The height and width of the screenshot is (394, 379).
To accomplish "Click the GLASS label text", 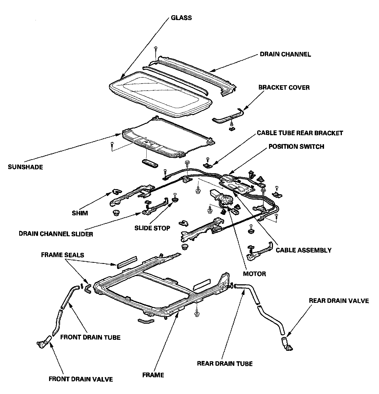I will coord(181,18).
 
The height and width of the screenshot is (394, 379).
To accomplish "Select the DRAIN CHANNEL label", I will coord(285,54).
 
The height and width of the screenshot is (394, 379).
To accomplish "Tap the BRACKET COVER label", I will coord(284,87).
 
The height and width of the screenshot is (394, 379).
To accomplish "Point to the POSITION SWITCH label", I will coord(296,146).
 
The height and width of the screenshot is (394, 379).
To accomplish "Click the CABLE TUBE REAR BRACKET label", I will coord(300,133).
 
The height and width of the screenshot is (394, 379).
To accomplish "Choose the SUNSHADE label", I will coord(25,167).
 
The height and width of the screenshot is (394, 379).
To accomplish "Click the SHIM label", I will coord(80,213).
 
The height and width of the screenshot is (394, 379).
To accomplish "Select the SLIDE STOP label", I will coord(152,228).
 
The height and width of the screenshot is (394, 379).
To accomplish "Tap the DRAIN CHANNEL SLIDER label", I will coord(56,234).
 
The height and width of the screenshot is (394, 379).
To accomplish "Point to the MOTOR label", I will coord(254,273).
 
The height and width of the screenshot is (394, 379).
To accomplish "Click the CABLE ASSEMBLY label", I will coord(303,250).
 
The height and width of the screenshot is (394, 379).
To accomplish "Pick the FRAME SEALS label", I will coord(63,255).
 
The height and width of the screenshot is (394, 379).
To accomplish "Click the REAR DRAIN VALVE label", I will coord(339,301).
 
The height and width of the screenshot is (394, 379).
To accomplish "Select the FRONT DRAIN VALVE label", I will coord(81,379).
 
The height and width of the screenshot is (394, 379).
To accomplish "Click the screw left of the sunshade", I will coord(112,144).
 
